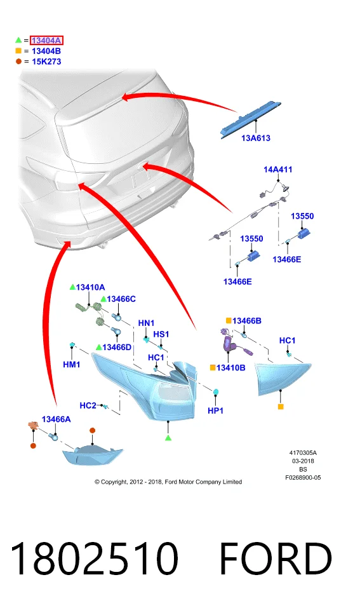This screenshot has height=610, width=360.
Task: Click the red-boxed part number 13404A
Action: (x=46, y=41)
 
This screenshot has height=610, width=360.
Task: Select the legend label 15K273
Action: (x=46, y=62)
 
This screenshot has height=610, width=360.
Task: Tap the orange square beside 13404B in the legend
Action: (x=18, y=51)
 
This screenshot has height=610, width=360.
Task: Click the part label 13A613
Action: (x=256, y=138)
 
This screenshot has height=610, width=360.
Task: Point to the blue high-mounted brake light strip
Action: (x=250, y=120)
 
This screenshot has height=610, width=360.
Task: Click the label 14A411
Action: (x=278, y=170)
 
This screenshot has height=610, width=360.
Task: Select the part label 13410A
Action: (x=91, y=287)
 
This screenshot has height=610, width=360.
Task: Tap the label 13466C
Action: (x=121, y=299)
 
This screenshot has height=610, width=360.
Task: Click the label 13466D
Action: (x=117, y=348)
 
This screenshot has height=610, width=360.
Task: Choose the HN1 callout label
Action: (x=146, y=323)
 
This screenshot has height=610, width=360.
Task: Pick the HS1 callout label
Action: (x=161, y=335)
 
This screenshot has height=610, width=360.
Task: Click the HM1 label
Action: (x=72, y=365)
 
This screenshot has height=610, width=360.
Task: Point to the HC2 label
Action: (x=88, y=406)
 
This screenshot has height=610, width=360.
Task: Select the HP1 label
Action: (x=215, y=410)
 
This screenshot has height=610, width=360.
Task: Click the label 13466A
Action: (x=57, y=419)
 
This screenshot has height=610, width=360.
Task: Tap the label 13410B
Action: (x=231, y=368)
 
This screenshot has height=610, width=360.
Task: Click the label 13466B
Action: (x=247, y=321)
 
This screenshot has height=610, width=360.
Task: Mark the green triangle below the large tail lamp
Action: (x=168, y=438)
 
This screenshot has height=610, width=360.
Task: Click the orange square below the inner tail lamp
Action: (x=281, y=407)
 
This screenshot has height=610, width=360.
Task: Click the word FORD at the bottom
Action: (x=276, y=559)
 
